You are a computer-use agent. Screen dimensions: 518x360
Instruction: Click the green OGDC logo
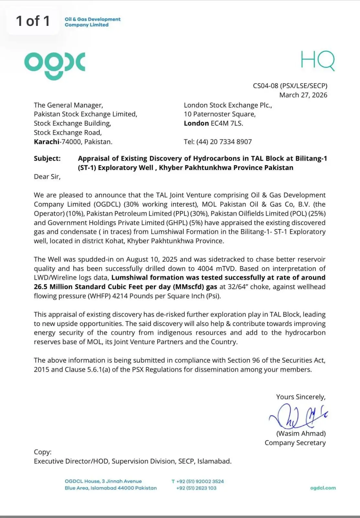coord(54,65)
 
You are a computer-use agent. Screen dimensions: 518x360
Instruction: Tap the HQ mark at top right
coord(317,61)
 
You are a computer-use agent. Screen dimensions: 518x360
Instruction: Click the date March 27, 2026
coord(303,95)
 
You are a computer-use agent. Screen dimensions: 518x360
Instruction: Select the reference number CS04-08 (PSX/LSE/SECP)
coord(290,86)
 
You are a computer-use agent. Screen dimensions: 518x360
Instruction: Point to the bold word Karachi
coord(47,141)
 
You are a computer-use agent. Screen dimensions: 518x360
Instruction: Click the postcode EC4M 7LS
coord(227,123)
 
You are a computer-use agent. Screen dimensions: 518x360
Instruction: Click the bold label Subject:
coord(47,158)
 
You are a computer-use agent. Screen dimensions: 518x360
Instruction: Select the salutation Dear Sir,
coord(47,176)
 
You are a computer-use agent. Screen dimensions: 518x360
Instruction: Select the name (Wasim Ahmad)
coord(301,434)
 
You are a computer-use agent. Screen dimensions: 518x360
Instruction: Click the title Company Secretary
coord(295,443)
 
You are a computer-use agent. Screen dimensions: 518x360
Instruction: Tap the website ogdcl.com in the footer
coord(323,488)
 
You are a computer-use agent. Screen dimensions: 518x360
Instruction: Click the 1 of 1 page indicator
coord(33,21)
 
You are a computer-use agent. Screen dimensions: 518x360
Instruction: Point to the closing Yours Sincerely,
coord(301,397)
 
